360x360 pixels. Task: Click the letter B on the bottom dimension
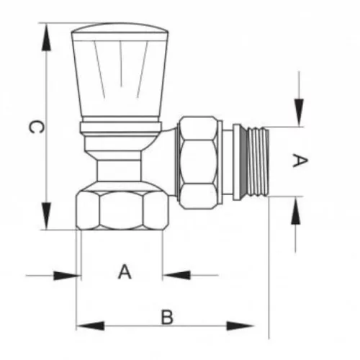(x=167, y=316)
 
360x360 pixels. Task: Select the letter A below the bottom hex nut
(x=125, y=273)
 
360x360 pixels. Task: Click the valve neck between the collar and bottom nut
(x=120, y=169)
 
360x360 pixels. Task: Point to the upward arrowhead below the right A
(x=294, y=210)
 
